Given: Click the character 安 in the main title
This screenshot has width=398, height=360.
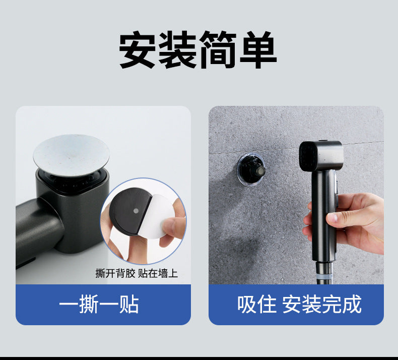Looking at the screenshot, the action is coord(138,49).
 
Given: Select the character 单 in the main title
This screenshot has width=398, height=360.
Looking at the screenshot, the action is coord(258,49).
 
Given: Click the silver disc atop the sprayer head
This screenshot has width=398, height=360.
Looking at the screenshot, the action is coord(72,155).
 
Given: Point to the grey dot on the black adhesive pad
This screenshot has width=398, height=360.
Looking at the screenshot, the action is coord(136,211).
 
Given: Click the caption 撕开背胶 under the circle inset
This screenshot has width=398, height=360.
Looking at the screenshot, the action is coord(115,273).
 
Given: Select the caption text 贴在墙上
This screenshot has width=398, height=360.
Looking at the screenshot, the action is coord(158,273).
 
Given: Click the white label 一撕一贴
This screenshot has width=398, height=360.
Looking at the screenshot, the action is coord(99,304).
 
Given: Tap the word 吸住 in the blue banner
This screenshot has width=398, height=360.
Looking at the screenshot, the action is coord(257,304).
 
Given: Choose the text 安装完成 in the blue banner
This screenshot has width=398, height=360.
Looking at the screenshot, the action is coord(322,304).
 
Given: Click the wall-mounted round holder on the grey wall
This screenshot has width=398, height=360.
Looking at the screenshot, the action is coord(251,169).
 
